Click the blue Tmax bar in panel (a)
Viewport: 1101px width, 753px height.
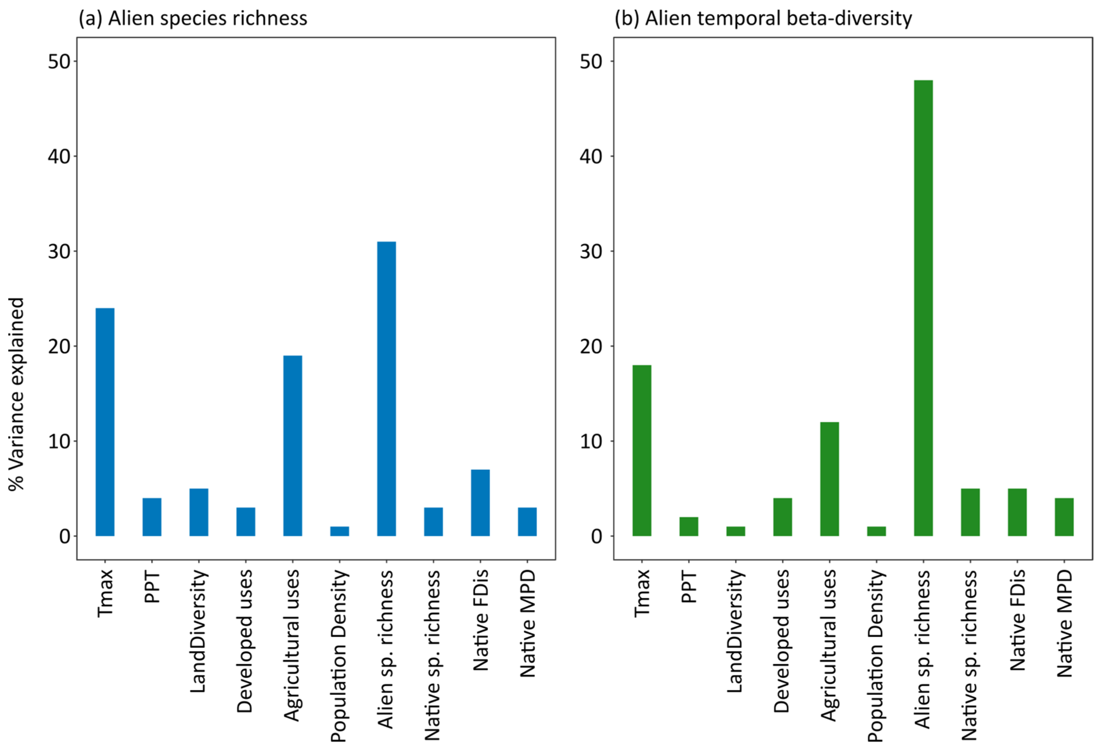tap(105, 422)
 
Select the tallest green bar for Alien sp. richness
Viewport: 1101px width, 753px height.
tap(923, 308)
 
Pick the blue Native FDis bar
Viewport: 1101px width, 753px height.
tap(480, 503)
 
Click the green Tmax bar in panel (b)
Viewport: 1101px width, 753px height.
tap(642, 450)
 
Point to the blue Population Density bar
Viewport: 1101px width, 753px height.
tap(339, 531)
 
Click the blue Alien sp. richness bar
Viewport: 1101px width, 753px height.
tap(386, 389)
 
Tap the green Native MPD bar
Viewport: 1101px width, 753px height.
tap(1064, 517)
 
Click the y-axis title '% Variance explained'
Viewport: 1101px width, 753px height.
tap(17, 393)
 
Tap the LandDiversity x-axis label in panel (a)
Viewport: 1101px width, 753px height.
tap(199, 631)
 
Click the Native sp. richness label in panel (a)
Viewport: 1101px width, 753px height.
tap(432, 655)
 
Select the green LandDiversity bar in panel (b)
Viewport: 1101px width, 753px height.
tap(735, 531)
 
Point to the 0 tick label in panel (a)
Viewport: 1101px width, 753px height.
tap(65, 536)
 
